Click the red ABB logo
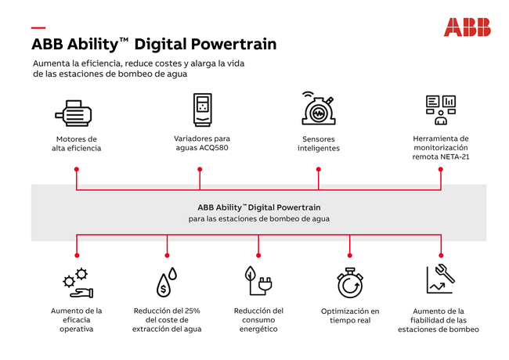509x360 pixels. click(467, 27)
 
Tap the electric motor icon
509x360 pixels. click(74, 113)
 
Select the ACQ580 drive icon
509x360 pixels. click(203, 110)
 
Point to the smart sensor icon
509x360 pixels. click(318, 108)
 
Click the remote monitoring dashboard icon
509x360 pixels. click(441, 110)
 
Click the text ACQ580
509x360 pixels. click(215, 148)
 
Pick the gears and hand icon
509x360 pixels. click(78, 283)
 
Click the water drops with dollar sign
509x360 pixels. click(167, 282)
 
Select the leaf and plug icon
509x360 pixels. click(258, 281)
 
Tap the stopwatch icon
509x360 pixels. click(350, 283)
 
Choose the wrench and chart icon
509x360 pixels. click(441, 279)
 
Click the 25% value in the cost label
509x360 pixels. click(192, 311)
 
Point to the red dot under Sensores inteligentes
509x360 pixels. click(319, 169)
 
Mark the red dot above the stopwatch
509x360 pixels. click(349, 256)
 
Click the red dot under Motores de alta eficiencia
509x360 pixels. click(77, 169)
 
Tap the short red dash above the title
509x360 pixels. click(38, 28)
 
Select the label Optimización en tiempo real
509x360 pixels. click(350, 315)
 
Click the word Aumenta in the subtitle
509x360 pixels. click(48, 63)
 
